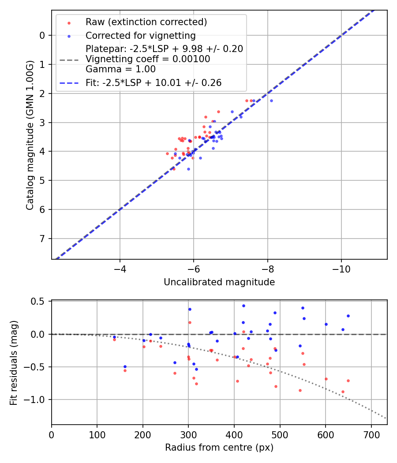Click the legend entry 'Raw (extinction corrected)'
tap(146, 22)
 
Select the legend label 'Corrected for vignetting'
tap(140, 35)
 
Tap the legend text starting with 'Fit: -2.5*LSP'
tap(154, 82)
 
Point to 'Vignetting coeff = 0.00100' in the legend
tap(148, 59)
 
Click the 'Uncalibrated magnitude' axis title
tap(219, 282)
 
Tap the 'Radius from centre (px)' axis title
tap(219, 448)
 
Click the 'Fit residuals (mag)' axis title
tap(14, 362)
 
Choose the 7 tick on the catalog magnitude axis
tap(42, 239)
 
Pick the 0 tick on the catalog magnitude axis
tap(42, 36)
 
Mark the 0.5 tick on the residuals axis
tap(40, 302)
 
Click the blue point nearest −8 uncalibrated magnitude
tap(271, 101)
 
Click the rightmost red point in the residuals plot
tap(348, 381)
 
